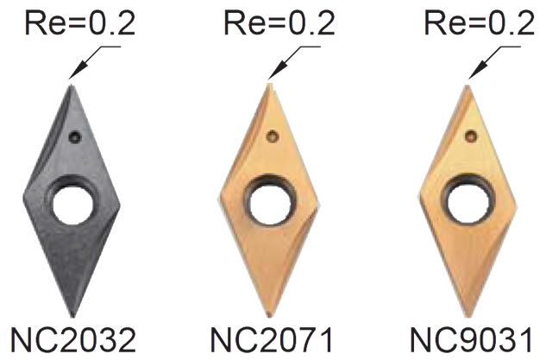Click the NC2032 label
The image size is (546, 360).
click(x=72, y=340)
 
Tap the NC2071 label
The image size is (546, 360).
click(x=272, y=340)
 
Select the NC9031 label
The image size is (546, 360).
click(x=471, y=340)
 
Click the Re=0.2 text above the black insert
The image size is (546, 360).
click(x=80, y=23)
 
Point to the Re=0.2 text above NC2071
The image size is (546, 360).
click(x=279, y=23)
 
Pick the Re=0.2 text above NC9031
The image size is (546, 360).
click(x=479, y=23)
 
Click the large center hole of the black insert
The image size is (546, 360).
click(x=73, y=205)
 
